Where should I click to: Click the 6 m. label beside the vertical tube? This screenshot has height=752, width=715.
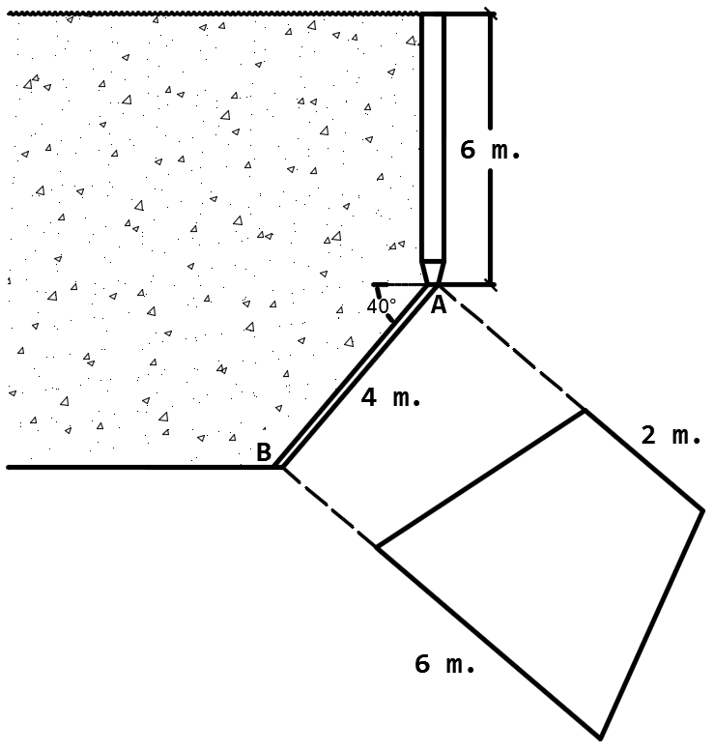[490, 151]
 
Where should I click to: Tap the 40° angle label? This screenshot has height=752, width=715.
[381, 307]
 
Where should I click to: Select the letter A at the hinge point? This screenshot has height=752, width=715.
[438, 305]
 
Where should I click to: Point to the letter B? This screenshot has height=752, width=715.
[263, 451]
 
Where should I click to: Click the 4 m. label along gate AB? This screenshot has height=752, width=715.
[390, 397]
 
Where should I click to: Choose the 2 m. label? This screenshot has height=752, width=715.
[671, 436]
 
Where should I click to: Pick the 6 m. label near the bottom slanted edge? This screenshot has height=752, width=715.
[444, 664]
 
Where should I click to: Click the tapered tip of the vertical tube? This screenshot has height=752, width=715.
[432, 272]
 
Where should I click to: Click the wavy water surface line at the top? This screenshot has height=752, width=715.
[213, 14]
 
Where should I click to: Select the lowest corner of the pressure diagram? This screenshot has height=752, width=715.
[601, 738]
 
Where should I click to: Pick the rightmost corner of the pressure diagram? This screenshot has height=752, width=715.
[702, 508]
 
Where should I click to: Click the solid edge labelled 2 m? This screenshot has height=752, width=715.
[644, 460]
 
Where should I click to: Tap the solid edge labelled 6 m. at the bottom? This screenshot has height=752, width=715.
[488, 643]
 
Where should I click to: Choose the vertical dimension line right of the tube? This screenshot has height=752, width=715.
[490, 222]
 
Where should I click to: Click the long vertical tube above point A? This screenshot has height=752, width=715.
[432, 135]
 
